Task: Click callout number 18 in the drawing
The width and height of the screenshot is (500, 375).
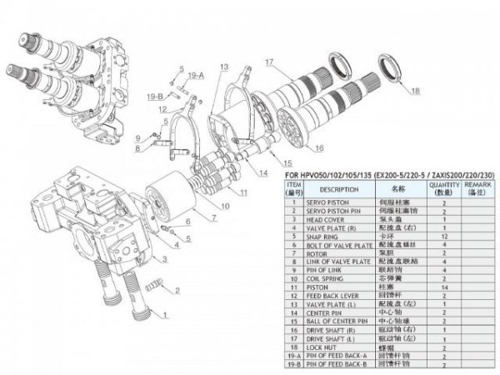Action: [415, 90]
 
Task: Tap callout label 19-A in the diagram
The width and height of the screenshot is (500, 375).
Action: [196, 76]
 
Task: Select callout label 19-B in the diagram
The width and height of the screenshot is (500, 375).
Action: [154, 97]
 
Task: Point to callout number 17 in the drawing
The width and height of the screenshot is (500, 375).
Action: [270, 62]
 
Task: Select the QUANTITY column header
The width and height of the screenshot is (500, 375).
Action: [444, 189]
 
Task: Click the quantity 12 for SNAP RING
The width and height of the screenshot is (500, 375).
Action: [444, 236]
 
